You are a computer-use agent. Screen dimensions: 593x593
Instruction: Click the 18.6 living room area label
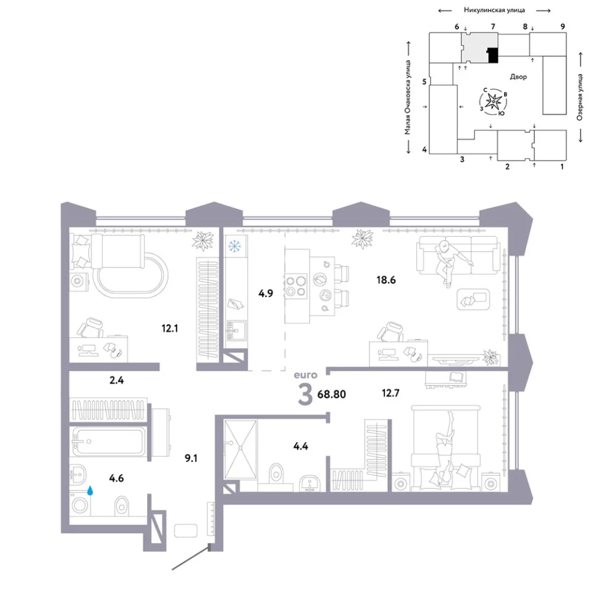point(385,280)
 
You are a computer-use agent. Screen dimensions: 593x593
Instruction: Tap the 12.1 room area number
point(170,328)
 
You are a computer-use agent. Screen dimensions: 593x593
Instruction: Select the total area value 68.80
point(332,394)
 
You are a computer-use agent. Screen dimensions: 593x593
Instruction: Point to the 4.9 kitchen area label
point(266,293)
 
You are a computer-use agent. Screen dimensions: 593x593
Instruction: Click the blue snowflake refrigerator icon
point(235,246)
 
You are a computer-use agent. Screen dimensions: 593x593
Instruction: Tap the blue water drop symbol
point(90,490)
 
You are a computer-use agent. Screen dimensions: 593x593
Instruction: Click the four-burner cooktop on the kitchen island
point(296,286)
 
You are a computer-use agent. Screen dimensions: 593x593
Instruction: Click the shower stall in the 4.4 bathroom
point(240,449)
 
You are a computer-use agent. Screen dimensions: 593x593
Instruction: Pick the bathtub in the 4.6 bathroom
point(108,441)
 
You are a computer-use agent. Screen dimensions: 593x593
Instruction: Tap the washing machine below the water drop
point(80,505)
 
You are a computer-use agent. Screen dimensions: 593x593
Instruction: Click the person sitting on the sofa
point(449,261)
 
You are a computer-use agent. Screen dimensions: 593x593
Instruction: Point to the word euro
point(306,375)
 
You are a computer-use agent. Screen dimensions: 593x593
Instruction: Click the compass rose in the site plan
point(494,101)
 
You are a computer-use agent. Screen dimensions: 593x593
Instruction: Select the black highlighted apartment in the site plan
point(493,55)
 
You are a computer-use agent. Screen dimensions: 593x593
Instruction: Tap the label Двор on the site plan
point(518,77)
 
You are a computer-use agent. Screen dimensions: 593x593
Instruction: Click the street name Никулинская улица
point(494,11)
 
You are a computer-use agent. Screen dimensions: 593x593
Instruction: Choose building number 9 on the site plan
point(563,27)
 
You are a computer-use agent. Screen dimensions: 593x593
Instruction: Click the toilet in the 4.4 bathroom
point(277,473)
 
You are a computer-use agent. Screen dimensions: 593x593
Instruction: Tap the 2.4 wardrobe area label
point(117,380)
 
